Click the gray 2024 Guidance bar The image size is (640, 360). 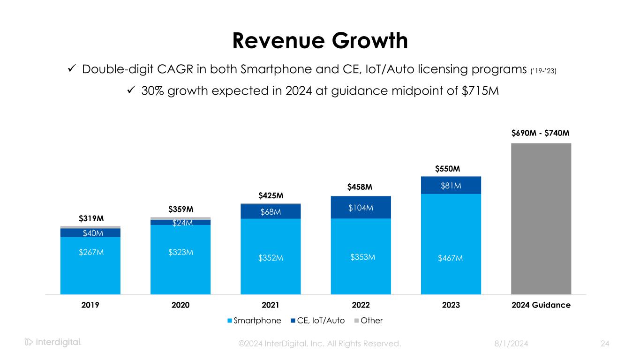(541, 218)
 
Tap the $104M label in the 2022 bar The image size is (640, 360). (361, 207)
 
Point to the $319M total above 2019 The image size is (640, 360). (91, 218)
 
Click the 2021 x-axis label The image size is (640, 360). (271, 305)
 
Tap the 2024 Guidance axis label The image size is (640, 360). (541, 305)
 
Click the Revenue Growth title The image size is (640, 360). (320, 41)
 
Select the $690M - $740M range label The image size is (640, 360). (541, 133)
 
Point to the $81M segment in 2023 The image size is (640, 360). (451, 185)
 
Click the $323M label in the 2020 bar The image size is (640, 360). (181, 253)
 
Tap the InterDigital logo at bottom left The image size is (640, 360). (53, 342)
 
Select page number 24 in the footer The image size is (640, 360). (605, 344)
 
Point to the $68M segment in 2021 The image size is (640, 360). (271, 211)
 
